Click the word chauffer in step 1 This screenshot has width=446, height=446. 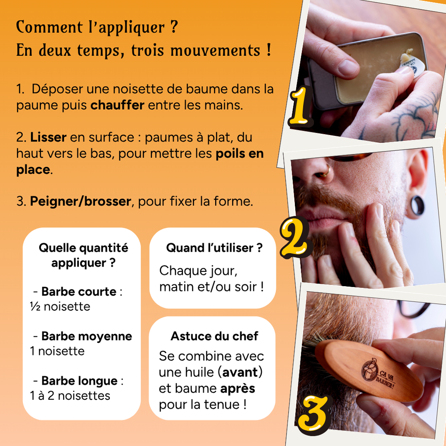point(117,105)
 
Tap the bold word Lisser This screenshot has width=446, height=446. point(48,137)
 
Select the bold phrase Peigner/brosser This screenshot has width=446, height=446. point(81,201)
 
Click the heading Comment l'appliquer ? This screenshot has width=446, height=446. point(97,27)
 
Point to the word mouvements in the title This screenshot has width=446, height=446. point(215,51)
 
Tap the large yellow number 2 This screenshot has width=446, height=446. point(295,237)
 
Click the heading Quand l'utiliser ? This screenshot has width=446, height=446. point(214,248)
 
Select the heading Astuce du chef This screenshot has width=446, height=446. point(214,336)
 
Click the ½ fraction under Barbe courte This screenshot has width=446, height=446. point(35,307)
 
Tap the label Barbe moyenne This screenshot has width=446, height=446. point(87,336)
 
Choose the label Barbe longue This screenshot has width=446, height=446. point(79,381)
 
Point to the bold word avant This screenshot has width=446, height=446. point(240,372)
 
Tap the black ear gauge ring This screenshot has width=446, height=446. point(416,206)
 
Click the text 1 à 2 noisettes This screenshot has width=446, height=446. point(70,395)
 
